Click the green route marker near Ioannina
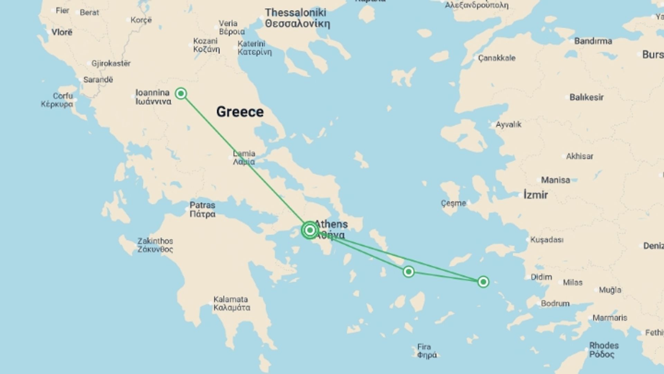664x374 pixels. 181,93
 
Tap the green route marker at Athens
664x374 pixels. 310,230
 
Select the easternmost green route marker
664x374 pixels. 483,282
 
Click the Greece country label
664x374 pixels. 240,112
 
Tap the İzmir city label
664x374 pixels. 536,195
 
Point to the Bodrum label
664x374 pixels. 555,304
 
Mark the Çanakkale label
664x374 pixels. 497,58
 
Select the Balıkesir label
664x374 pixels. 587,97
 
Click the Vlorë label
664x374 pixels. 62,32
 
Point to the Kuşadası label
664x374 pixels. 547,240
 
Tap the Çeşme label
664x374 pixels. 453,203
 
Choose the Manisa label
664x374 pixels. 555,180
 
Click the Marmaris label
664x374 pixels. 610,318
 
